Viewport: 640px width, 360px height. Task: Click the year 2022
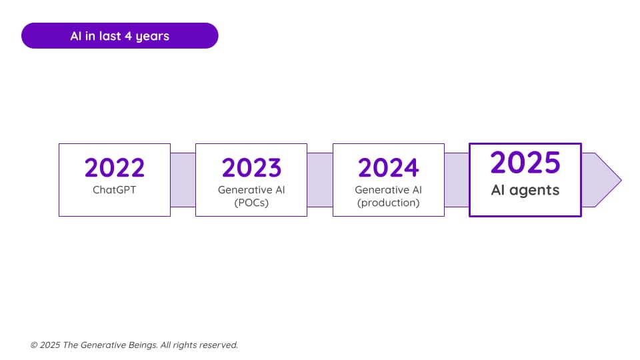click(x=115, y=168)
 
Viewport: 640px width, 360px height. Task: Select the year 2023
click(x=251, y=168)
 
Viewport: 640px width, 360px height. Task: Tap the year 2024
click(x=389, y=168)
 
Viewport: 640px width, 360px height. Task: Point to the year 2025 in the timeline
click(x=525, y=163)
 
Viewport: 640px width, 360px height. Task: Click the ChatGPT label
click(x=114, y=190)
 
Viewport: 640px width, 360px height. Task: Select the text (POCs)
click(x=251, y=203)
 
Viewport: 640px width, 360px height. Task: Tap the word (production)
click(x=389, y=203)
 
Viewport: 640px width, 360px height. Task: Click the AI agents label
click(x=525, y=190)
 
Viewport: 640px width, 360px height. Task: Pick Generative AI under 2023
click(x=251, y=190)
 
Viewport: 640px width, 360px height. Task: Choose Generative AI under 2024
click(x=389, y=190)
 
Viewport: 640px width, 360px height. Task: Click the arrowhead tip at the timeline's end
click(x=621, y=180)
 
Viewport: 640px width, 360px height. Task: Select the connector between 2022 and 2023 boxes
click(x=183, y=180)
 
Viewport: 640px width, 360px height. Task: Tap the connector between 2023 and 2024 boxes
click(x=320, y=180)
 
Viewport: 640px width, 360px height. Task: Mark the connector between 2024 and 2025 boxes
click(x=457, y=180)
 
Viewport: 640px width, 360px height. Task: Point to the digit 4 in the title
click(x=128, y=36)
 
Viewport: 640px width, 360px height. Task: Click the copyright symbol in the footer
click(x=34, y=345)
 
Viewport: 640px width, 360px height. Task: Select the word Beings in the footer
click(x=143, y=345)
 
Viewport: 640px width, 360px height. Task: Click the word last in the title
click(x=109, y=36)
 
